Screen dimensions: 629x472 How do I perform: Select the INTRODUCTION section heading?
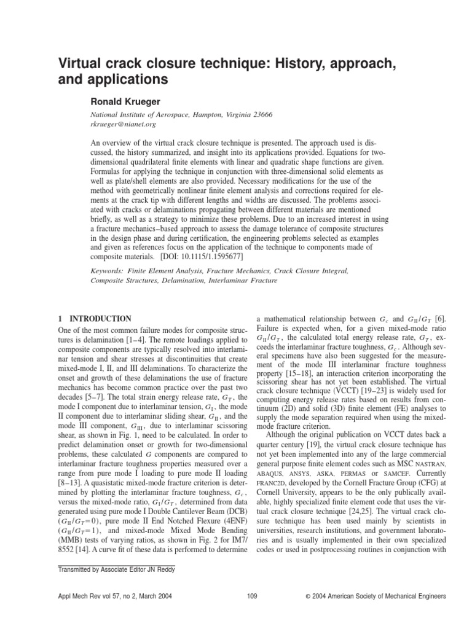pyautogui.click(x=99, y=319)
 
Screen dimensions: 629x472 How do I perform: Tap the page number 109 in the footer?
pyautogui.click(x=251, y=596)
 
